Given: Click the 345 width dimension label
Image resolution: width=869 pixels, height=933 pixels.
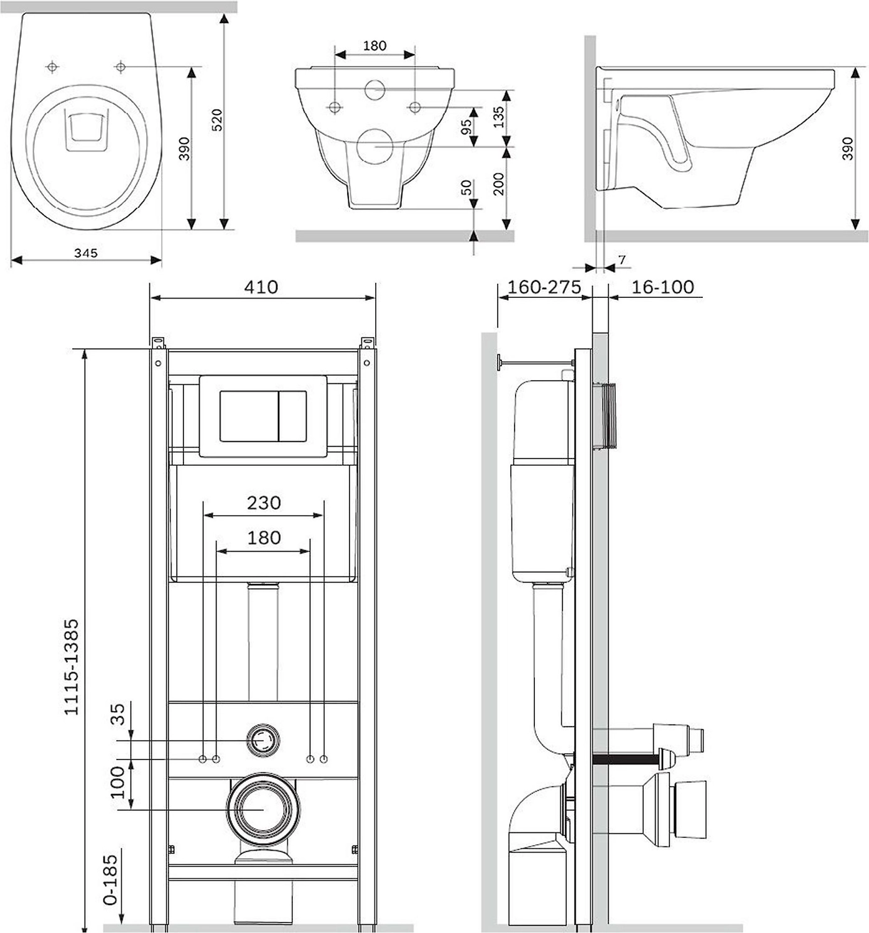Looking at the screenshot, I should [86, 253].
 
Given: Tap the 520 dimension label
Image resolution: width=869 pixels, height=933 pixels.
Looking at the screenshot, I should [217, 119].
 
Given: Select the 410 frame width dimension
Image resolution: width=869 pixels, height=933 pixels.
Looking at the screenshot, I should [261, 287].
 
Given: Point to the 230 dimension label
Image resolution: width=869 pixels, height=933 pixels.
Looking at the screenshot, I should [264, 502].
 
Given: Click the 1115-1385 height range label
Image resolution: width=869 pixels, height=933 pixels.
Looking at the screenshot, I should [72, 666].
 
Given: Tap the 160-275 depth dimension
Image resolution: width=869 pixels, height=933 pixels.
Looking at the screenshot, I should [544, 287].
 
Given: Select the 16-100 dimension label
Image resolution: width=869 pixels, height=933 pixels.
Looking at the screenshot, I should [662, 287].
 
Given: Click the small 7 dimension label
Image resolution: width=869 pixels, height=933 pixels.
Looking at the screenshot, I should [621, 259].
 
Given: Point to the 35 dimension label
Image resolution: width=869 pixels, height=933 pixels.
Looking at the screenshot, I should [118, 713].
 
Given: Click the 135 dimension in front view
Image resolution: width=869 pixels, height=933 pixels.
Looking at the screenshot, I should [499, 116].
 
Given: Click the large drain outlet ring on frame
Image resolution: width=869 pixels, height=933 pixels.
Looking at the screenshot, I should [264, 809].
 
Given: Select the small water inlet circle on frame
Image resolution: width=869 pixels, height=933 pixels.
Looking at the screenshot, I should [264, 740].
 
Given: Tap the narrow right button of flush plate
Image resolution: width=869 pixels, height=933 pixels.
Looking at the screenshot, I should [292, 416].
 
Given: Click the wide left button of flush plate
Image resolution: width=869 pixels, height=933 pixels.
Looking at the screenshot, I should [249, 416].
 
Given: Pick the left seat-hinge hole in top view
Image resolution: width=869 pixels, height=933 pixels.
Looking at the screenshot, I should [53, 67].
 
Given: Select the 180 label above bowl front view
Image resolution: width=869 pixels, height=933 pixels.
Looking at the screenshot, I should [374, 45].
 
